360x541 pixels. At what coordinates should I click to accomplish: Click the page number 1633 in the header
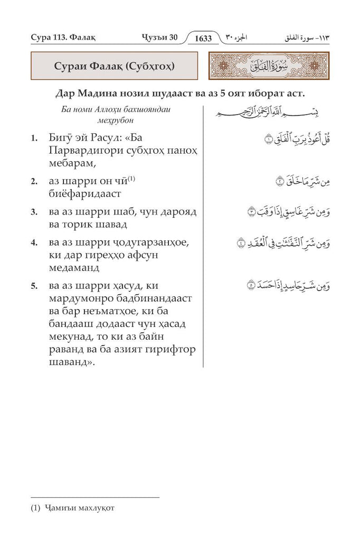coord(203,39)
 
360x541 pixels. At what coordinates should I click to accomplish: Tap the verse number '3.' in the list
coord(34,212)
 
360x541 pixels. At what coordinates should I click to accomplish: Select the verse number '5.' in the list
coord(34,286)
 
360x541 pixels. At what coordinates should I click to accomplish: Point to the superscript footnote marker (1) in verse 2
coord(131,179)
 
